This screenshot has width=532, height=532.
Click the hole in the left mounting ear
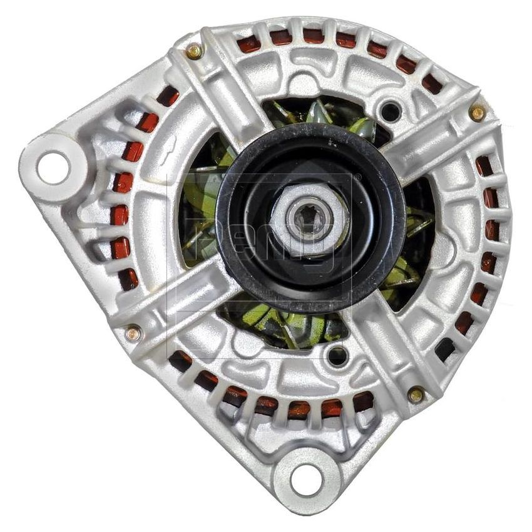click(51, 167)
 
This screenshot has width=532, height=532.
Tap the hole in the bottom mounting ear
click(306, 480)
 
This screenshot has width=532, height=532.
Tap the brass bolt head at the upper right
click(477, 113)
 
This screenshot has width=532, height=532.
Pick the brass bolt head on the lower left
click(132, 334)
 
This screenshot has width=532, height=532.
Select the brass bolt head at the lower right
click(415, 395)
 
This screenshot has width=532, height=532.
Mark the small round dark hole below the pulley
click(337, 356)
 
